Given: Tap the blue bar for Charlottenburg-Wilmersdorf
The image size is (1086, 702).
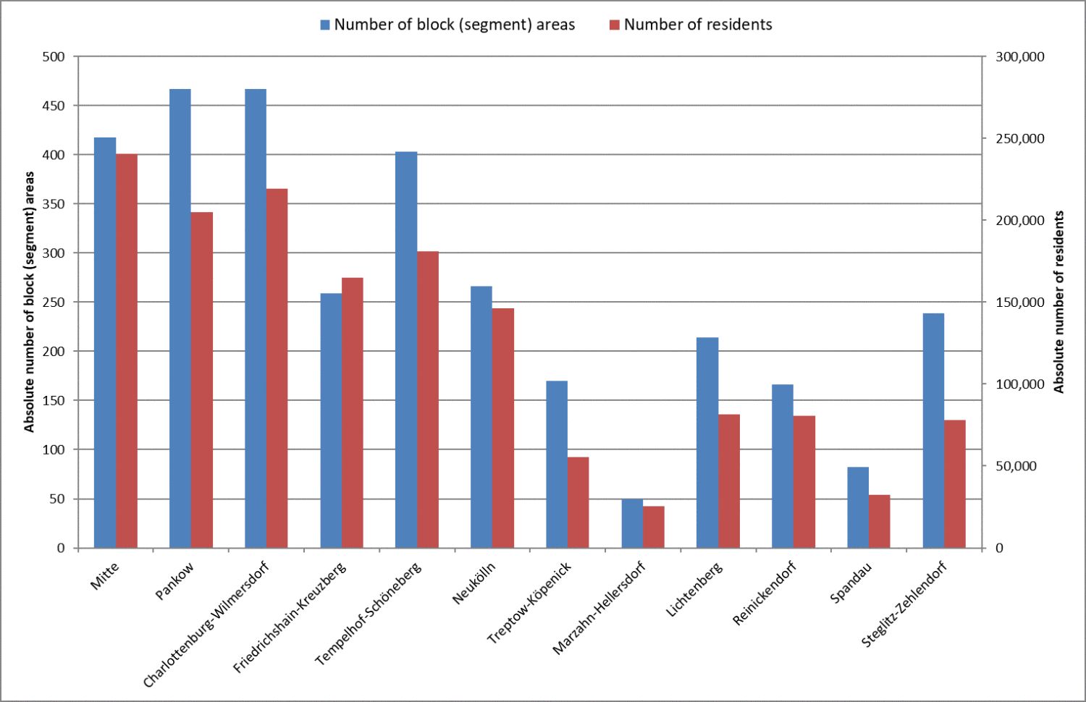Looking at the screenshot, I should click(256, 318).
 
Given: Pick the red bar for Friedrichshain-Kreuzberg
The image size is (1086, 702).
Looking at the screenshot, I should click(353, 413).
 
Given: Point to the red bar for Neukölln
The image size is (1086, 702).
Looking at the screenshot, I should click(503, 428).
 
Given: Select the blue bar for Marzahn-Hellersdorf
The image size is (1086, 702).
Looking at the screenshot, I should click(632, 523).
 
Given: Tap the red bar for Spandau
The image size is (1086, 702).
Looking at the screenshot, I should click(880, 521).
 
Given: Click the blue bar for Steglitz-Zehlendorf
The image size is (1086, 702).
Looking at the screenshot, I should click(933, 431).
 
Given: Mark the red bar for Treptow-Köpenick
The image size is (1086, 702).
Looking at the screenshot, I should click(578, 502).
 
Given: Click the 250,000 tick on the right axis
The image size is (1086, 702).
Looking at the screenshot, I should click(1020, 138).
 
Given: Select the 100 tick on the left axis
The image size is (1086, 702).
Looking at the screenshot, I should click(54, 449).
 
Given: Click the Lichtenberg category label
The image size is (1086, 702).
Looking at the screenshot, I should click(694, 590).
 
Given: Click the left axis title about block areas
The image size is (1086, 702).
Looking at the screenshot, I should click(30, 302).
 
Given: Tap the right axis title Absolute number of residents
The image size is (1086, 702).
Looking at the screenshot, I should click(1059, 302).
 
